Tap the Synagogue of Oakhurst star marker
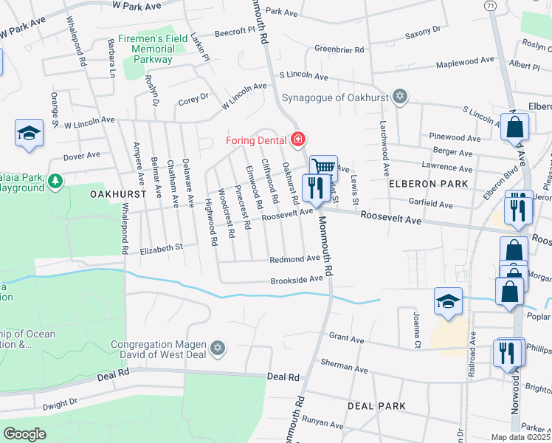point(399,97)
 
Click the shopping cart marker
point(322,167)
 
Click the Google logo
point(24,434)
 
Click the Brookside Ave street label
point(296,279)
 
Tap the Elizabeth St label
point(161,249)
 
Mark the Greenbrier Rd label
point(339,49)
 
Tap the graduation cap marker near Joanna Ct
point(447,301)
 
